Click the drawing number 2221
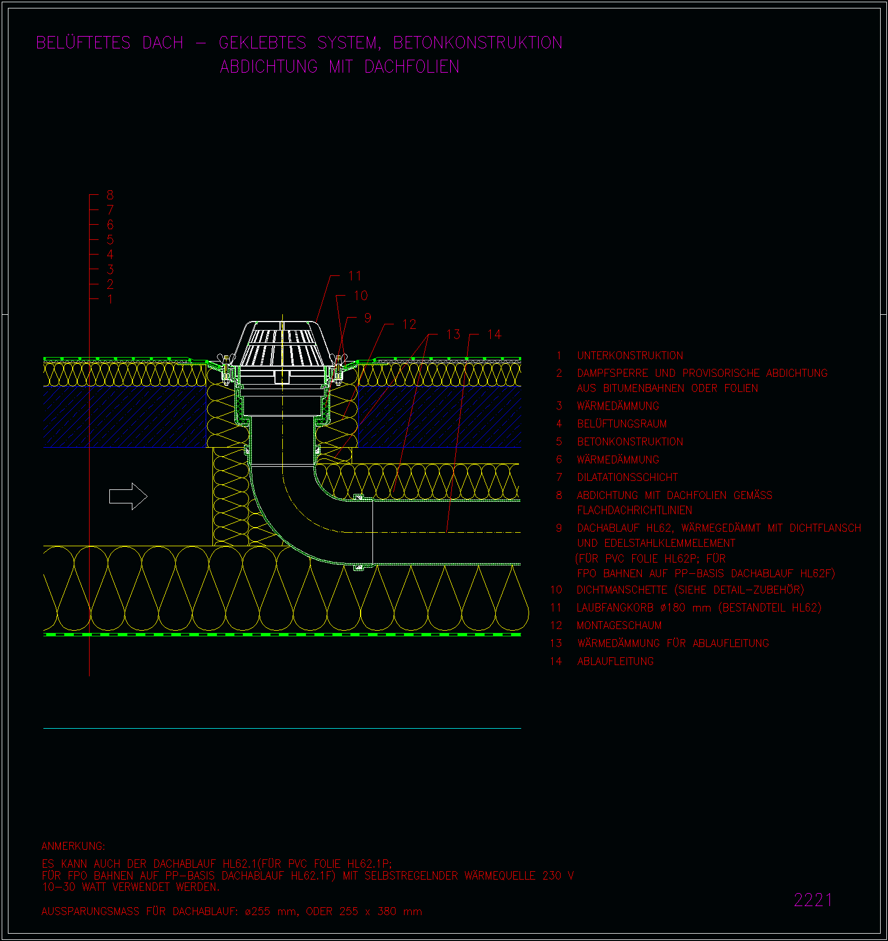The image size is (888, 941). point(813,900)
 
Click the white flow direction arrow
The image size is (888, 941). point(128,496)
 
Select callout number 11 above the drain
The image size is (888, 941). point(354,276)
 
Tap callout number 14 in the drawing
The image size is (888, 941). point(494,335)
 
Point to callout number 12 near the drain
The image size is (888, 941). point(409,324)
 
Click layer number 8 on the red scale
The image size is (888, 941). point(110,195)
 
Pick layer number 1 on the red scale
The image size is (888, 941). point(110,299)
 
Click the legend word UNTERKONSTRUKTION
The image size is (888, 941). point(630,355)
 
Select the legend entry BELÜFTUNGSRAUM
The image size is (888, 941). point(621,423)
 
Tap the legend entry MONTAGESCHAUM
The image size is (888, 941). point(619,625)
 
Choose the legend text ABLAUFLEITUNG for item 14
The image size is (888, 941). point(615,661)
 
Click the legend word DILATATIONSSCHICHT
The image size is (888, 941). point(628,477)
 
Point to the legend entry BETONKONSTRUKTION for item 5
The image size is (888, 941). point(630,441)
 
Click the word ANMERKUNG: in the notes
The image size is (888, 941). point(73,846)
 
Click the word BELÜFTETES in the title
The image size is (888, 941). point(83,43)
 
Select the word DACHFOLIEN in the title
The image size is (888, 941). point(412,67)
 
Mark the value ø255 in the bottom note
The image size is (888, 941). point(257,911)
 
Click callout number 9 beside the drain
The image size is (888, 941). point(367,318)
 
